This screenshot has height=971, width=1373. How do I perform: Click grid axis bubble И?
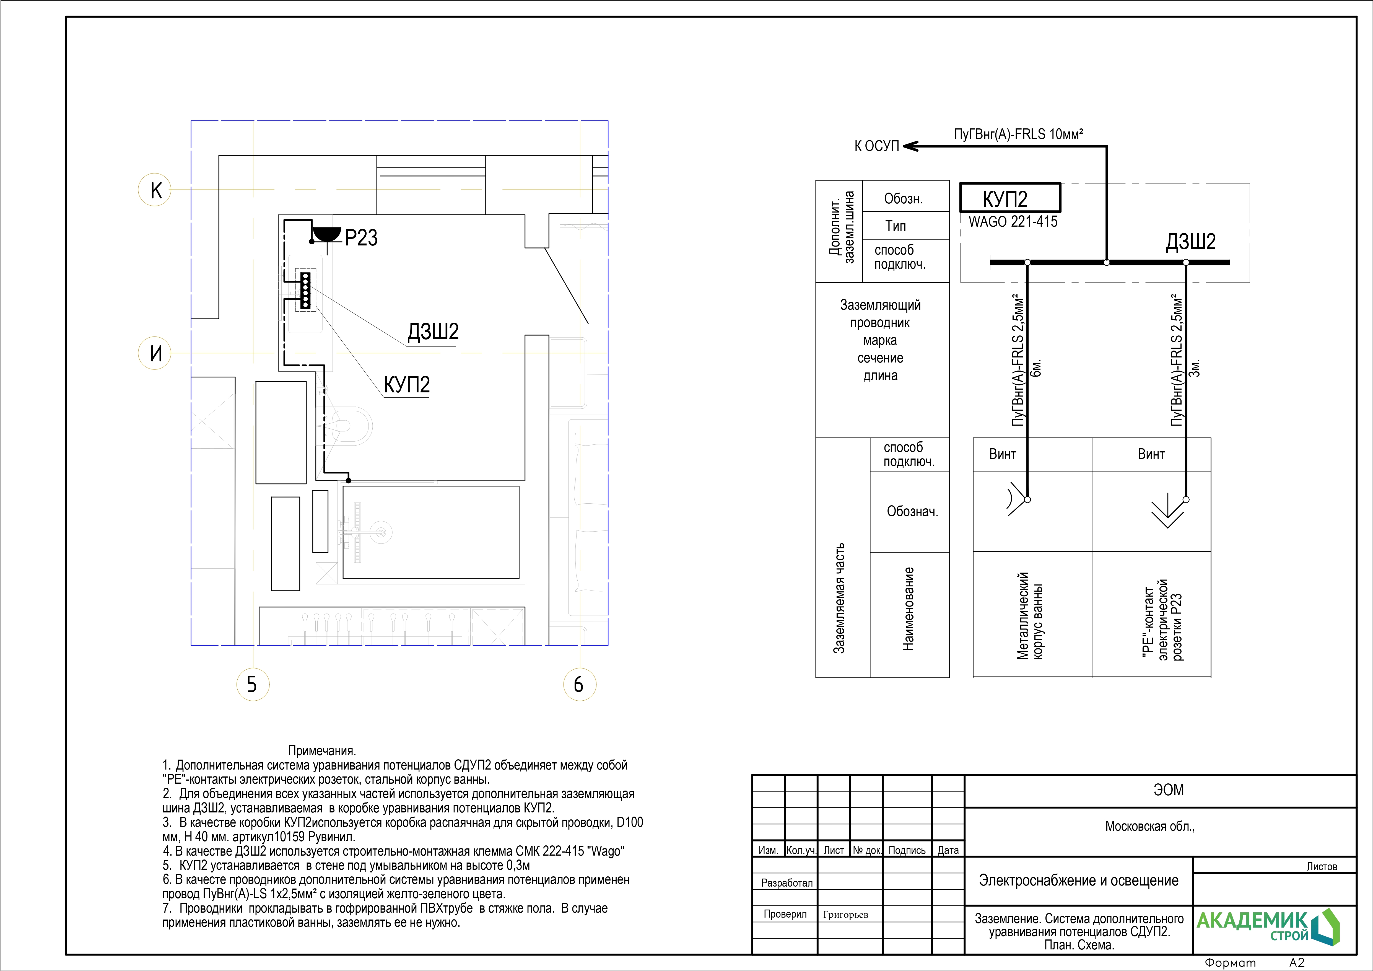[155, 353]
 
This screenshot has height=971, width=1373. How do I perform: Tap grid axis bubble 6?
[580, 684]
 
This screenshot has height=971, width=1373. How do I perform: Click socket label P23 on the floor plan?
[361, 237]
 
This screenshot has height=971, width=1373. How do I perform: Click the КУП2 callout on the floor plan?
[407, 384]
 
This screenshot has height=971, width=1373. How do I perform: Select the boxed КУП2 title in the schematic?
[1010, 198]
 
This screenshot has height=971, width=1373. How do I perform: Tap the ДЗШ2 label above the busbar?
[1191, 241]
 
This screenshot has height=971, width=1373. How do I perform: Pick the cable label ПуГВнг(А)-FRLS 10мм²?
[1018, 134]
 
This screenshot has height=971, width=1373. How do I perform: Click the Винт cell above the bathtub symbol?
[1003, 454]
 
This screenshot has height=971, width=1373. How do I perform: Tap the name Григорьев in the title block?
[845, 914]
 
